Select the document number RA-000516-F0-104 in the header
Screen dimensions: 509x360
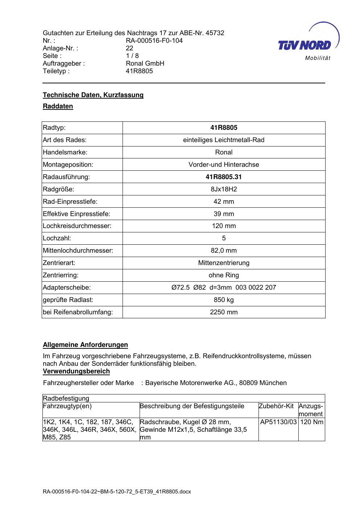coord(154,41)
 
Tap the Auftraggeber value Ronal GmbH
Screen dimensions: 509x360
coord(145,63)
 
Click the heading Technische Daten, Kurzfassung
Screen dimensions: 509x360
coord(93,95)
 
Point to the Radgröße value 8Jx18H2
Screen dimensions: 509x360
coord(224,189)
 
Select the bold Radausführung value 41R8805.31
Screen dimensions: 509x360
coord(224,177)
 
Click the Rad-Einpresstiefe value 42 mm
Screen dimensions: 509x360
coord(224,202)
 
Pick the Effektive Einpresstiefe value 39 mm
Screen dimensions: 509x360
coord(224,214)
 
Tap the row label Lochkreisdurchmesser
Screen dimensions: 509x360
coord(77,226)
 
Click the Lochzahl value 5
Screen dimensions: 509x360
coord(224,238)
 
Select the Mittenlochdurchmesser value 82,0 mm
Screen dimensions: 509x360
coord(224,251)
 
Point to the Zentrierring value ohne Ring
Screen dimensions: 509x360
coord(224,275)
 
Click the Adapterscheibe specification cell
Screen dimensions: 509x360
coord(224,287)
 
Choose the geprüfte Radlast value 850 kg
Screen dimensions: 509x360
coord(224,300)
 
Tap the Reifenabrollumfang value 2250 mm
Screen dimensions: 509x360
coord(224,312)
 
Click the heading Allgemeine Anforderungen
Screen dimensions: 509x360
coord(85,345)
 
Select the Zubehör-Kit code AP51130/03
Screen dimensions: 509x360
coord(278,422)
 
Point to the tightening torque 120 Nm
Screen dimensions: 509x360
coord(312,422)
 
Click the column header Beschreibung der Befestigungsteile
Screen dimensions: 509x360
coord(192,406)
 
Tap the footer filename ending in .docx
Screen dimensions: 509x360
coord(117,492)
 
